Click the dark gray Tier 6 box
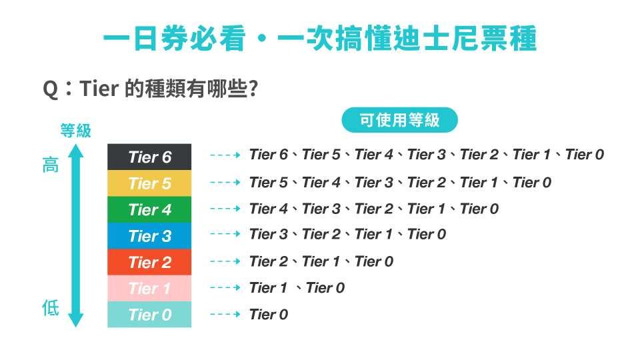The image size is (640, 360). click(x=149, y=157)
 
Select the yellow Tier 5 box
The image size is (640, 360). click(x=149, y=183)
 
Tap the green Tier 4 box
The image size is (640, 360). click(x=149, y=209)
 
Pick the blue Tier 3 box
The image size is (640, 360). click(x=149, y=235)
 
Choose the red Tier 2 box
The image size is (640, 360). click(x=149, y=262)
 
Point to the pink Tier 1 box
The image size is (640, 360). click(x=149, y=288)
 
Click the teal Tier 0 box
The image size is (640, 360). click(x=149, y=314)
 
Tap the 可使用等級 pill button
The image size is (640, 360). click(x=399, y=120)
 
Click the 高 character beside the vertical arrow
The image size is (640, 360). click(x=51, y=165)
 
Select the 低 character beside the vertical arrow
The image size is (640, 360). click(x=51, y=308)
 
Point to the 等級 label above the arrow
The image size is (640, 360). click(x=76, y=131)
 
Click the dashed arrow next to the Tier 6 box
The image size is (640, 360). click(x=225, y=155)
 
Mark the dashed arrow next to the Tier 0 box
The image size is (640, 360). click(x=225, y=314)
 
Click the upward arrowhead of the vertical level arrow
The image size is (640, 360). click(x=76, y=151)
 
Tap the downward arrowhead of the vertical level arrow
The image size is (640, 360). click(x=76, y=321)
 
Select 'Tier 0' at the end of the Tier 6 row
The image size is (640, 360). click(x=585, y=155)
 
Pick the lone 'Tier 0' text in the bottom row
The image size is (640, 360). click(x=269, y=314)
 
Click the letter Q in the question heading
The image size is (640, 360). click(x=51, y=89)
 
